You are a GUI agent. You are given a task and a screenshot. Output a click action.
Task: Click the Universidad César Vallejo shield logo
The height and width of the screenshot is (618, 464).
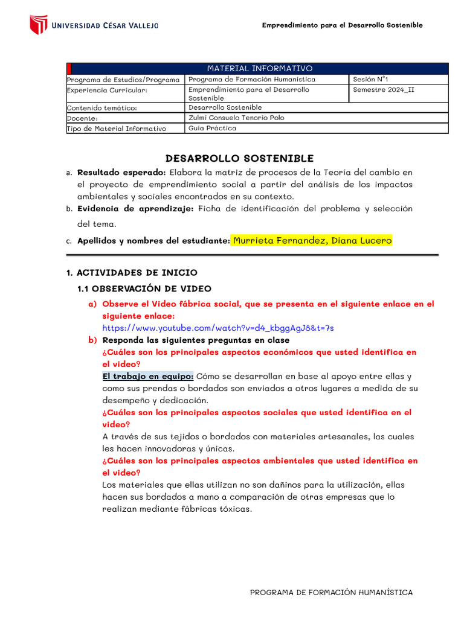(39, 25)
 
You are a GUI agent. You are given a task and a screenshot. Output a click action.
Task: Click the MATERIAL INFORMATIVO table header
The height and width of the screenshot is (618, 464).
(260, 68)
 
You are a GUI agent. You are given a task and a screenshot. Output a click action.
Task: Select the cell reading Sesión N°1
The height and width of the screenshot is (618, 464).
(370, 79)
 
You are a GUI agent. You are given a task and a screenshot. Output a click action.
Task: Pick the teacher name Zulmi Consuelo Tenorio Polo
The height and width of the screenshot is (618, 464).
(236, 118)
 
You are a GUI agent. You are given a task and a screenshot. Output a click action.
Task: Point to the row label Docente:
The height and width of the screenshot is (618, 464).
(83, 118)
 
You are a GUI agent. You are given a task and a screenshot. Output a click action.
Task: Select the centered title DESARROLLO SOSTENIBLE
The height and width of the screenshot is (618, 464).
(239, 158)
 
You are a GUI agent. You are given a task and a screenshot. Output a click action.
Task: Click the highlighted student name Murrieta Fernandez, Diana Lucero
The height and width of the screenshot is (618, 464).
(312, 240)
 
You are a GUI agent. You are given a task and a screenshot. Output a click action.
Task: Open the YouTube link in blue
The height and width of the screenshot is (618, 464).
(218, 328)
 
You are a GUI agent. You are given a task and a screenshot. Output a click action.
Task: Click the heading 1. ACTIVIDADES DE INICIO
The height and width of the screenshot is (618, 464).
(132, 273)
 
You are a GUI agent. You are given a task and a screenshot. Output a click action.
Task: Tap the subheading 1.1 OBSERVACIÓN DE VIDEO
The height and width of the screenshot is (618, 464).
(144, 289)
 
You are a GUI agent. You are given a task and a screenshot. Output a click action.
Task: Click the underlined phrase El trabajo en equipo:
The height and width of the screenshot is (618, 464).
(148, 376)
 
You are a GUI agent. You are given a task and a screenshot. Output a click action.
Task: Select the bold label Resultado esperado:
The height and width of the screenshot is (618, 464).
(121, 173)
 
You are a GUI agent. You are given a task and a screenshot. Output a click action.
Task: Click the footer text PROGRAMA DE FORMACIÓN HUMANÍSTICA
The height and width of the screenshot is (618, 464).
(332, 592)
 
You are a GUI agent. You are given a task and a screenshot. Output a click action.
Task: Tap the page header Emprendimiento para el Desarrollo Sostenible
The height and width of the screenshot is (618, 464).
(342, 25)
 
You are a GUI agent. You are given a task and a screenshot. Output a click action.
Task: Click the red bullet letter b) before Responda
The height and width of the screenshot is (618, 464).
(92, 340)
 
